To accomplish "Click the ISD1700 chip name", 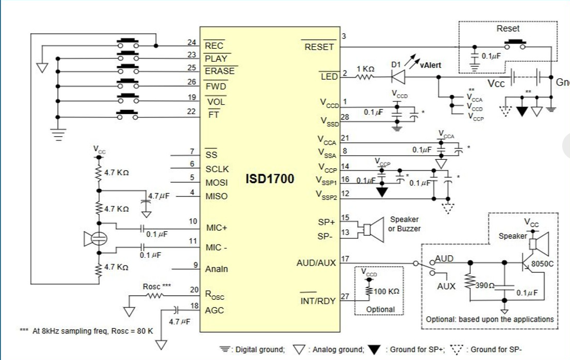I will [270, 179].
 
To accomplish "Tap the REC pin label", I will [214, 46].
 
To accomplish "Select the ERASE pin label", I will [220, 71].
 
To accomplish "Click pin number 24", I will [192, 43].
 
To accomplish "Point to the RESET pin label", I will [319, 47].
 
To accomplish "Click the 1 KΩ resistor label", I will [365, 69].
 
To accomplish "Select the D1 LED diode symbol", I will [398, 77].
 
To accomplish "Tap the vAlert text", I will [430, 65].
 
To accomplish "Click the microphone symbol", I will [96, 238].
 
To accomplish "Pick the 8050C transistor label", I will [542, 264].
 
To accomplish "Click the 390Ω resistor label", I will [485, 286].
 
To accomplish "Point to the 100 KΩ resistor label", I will [386, 292].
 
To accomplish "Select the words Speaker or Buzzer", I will [404, 224].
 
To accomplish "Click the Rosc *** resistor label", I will [157, 286].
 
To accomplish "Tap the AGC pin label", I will [214, 310].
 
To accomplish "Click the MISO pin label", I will [216, 196].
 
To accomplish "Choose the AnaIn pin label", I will [216, 269].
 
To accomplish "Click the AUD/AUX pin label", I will [316, 263].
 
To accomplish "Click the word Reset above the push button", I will [507, 29].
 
